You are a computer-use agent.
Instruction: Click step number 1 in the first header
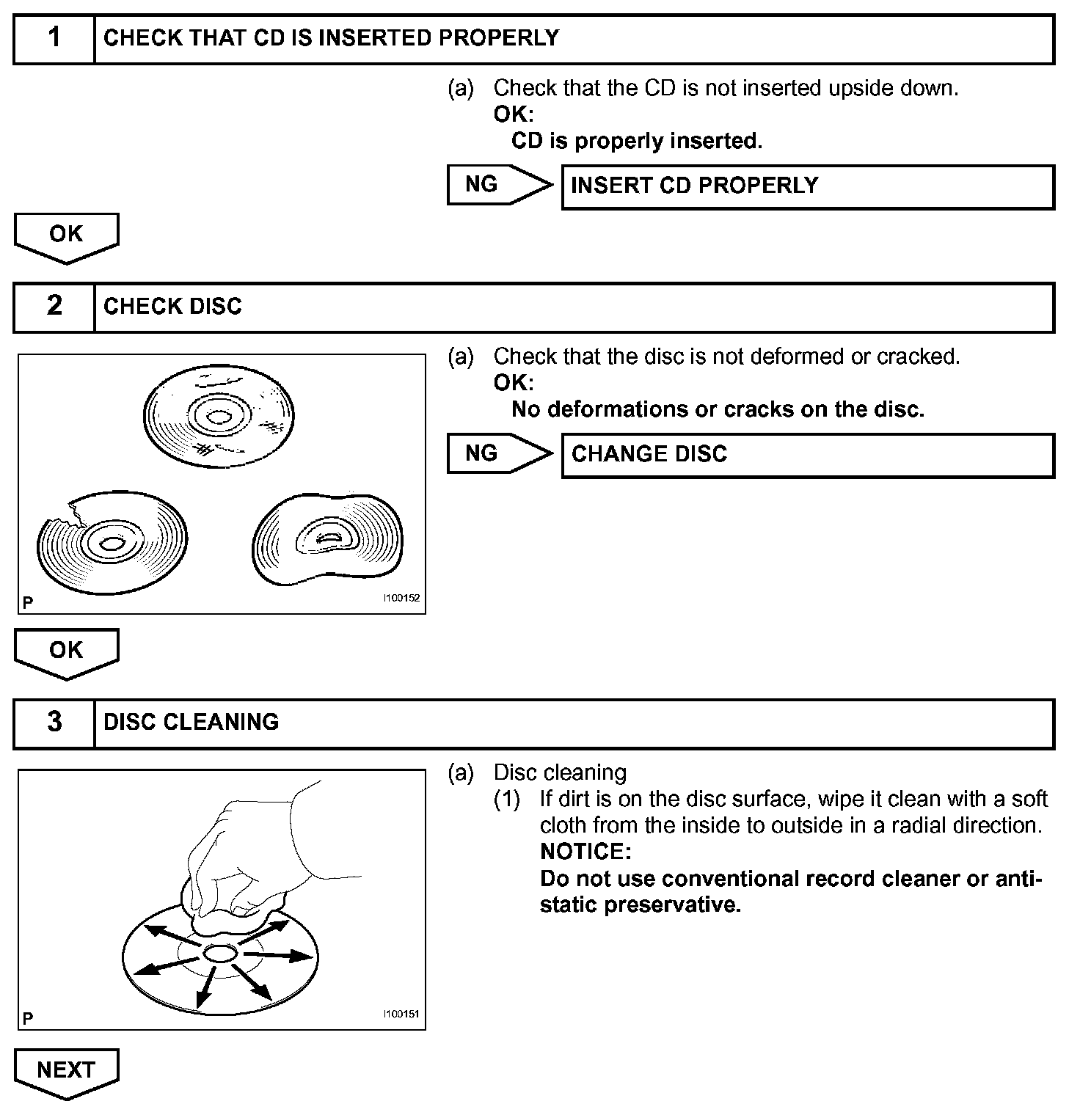pos(54,38)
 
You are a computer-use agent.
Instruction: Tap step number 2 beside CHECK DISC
pos(54,307)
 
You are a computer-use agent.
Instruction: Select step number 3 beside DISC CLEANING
pos(54,723)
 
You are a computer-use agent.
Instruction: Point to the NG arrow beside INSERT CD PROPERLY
pos(499,185)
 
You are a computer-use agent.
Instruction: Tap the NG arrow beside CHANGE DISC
pos(499,453)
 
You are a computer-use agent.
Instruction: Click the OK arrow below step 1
pos(66,236)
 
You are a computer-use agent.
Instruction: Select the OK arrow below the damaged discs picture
pos(66,651)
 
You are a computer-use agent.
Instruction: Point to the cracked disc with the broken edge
pos(112,543)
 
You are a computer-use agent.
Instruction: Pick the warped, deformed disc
pos(328,540)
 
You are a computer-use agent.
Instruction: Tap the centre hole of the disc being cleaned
pos(219,954)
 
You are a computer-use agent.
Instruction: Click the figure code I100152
pos(401,599)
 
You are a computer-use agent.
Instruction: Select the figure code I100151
pos(401,1015)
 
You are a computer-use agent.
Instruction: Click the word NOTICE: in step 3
pos(585,852)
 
